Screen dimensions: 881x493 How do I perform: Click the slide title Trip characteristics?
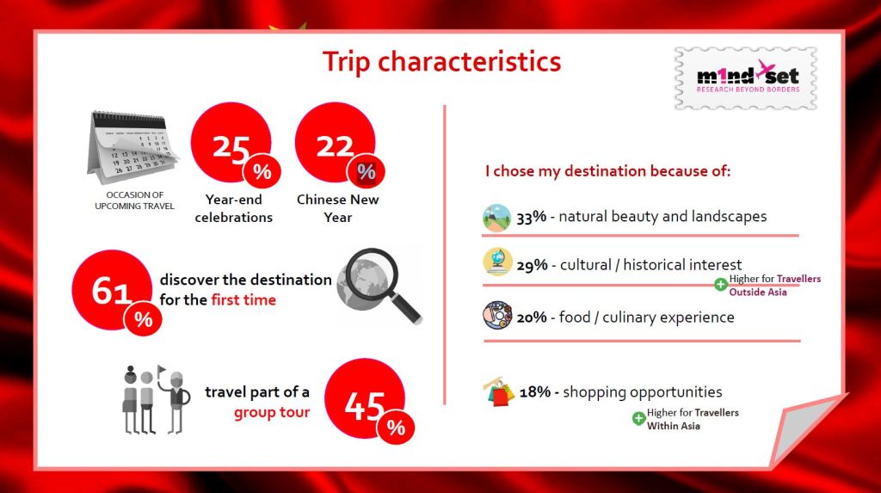click(441, 62)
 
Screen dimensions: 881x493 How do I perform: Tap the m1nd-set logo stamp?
click(746, 78)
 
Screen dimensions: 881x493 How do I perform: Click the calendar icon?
click(133, 147)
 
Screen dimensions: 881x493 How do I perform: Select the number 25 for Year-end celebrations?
click(231, 148)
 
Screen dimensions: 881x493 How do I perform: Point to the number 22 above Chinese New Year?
click(335, 147)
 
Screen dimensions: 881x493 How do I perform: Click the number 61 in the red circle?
click(111, 291)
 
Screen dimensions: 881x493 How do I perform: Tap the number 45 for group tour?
click(365, 405)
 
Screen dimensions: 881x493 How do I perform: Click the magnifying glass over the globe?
click(379, 286)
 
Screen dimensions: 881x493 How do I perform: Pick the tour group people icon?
click(157, 399)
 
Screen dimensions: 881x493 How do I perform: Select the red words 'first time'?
click(243, 299)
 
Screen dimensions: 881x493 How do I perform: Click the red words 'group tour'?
click(272, 412)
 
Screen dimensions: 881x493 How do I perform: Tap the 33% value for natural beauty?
click(532, 217)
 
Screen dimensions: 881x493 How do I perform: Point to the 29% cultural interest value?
click(532, 265)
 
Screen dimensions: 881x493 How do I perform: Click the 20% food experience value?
click(532, 317)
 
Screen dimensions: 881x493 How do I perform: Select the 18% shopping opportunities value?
click(535, 391)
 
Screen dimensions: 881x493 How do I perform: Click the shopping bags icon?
click(499, 391)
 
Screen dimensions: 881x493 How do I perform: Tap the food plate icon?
click(497, 316)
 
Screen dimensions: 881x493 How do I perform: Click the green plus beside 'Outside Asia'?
click(720, 285)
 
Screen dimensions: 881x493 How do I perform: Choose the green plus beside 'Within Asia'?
click(638, 418)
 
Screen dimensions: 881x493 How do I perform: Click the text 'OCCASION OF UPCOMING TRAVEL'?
click(135, 200)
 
